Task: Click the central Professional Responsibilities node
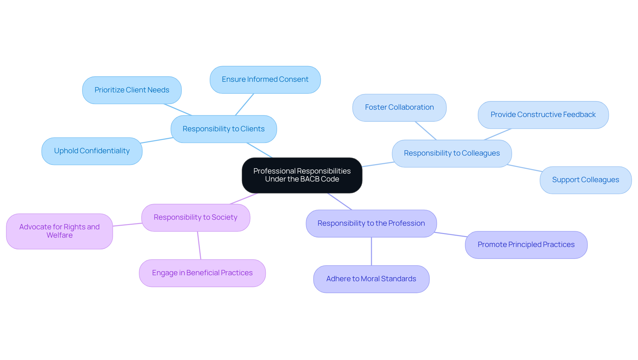point(302,175)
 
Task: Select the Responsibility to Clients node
point(224,129)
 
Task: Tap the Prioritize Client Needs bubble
point(132,90)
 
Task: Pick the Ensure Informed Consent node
point(265,80)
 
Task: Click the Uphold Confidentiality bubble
point(92,151)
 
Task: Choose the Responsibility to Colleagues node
point(452,153)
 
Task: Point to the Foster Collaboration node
point(399,107)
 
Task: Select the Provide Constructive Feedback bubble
point(543,115)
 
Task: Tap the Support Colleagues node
point(585,180)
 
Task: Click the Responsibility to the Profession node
point(371,223)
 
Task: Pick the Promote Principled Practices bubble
point(526,245)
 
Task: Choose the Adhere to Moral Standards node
point(371,279)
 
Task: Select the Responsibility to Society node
point(196,217)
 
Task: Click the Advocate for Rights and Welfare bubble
point(59,231)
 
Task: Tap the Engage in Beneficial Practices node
point(202,273)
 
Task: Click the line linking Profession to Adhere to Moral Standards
point(371,251)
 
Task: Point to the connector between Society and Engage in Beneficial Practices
point(199,245)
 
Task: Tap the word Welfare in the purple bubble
point(59,235)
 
